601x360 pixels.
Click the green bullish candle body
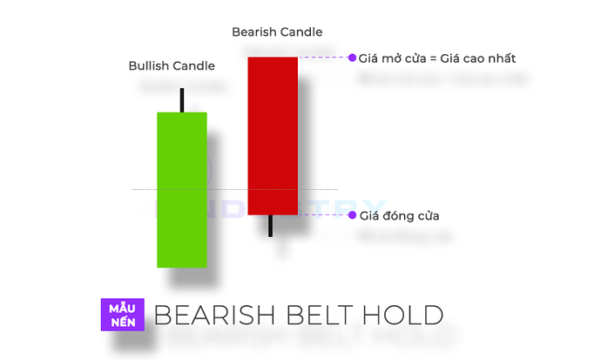click(x=182, y=189)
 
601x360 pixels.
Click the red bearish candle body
click(x=273, y=135)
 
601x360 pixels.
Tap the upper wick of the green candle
click(x=182, y=100)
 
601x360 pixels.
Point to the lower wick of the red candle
click(x=272, y=226)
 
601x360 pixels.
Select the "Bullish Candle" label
click(x=172, y=65)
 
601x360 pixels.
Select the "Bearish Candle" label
click(x=277, y=32)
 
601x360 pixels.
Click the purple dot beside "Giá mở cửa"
click(x=352, y=58)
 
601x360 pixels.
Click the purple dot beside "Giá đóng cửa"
click(x=352, y=214)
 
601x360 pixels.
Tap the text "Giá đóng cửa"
click(x=399, y=215)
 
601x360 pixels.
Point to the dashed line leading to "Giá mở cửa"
click(x=322, y=58)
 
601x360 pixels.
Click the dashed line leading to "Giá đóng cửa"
click(x=322, y=214)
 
